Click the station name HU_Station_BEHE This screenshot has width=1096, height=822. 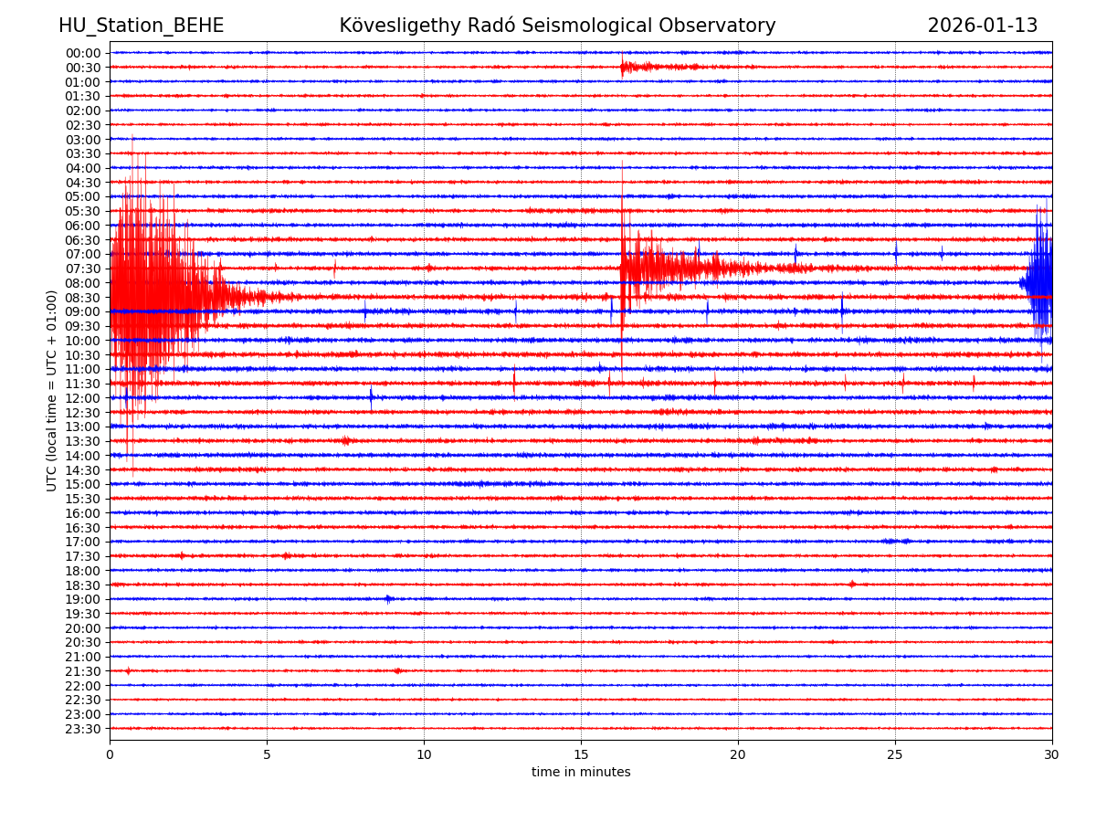coord(141,26)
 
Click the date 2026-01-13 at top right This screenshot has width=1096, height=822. coord(982,26)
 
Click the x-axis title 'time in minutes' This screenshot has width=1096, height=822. coord(581,773)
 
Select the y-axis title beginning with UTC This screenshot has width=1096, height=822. coord(52,390)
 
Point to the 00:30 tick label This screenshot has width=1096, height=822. coord(83,68)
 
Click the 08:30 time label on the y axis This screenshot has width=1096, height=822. coord(83,298)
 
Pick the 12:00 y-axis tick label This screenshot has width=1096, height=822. coord(83,398)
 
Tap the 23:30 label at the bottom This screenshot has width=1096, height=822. coord(83,729)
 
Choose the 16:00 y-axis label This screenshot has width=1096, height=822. coord(83,513)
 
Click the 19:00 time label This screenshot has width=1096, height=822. coord(83,599)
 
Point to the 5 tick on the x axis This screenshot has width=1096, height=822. coord(267,755)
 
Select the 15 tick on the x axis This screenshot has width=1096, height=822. coord(581,755)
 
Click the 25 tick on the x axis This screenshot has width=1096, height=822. coord(895,755)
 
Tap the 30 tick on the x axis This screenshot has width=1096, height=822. coord(1052,755)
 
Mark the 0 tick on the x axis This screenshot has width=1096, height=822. coord(110,755)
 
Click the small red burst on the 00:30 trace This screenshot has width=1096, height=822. coord(639,67)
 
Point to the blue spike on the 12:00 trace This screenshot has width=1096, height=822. coord(371,396)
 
